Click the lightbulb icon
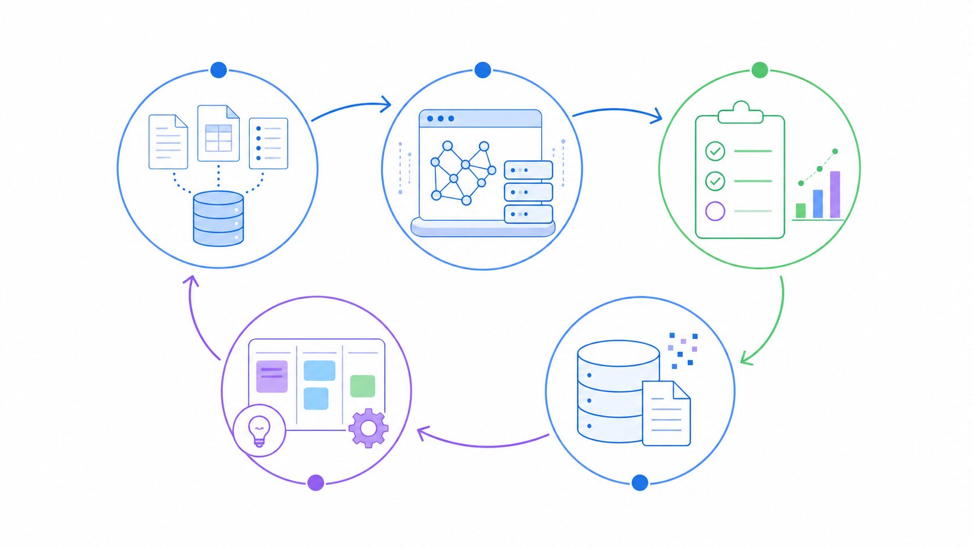pyautogui.click(x=259, y=430)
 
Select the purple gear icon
pyautogui.click(x=368, y=428)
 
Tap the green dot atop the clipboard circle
pyautogui.click(x=759, y=70)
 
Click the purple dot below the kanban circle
pyautogui.click(x=315, y=482)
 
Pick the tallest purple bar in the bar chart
pyautogui.click(x=834, y=195)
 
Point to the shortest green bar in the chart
pyautogui.click(x=801, y=210)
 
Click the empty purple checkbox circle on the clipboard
pyautogui.click(x=715, y=210)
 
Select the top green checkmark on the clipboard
pyautogui.click(x=715, y=151)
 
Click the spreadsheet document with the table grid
pyautogui.click(x=218, y=134)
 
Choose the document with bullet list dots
pyautogui.click(x=268, y=144)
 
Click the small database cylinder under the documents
pyautogui.click(x=218, y=219)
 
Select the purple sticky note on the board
pyautogui.click(x=272, y=376)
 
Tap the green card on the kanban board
pyautogui.click(x=363, y=386)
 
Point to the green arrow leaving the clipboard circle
pyautogui.click(x=774, y=326)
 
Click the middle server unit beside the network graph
pyautogui.click(x=528, y=192)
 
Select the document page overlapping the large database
pyautogui.click(x=666, y=414)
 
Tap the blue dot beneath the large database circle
pyautogui.click(x=640, y=482)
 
